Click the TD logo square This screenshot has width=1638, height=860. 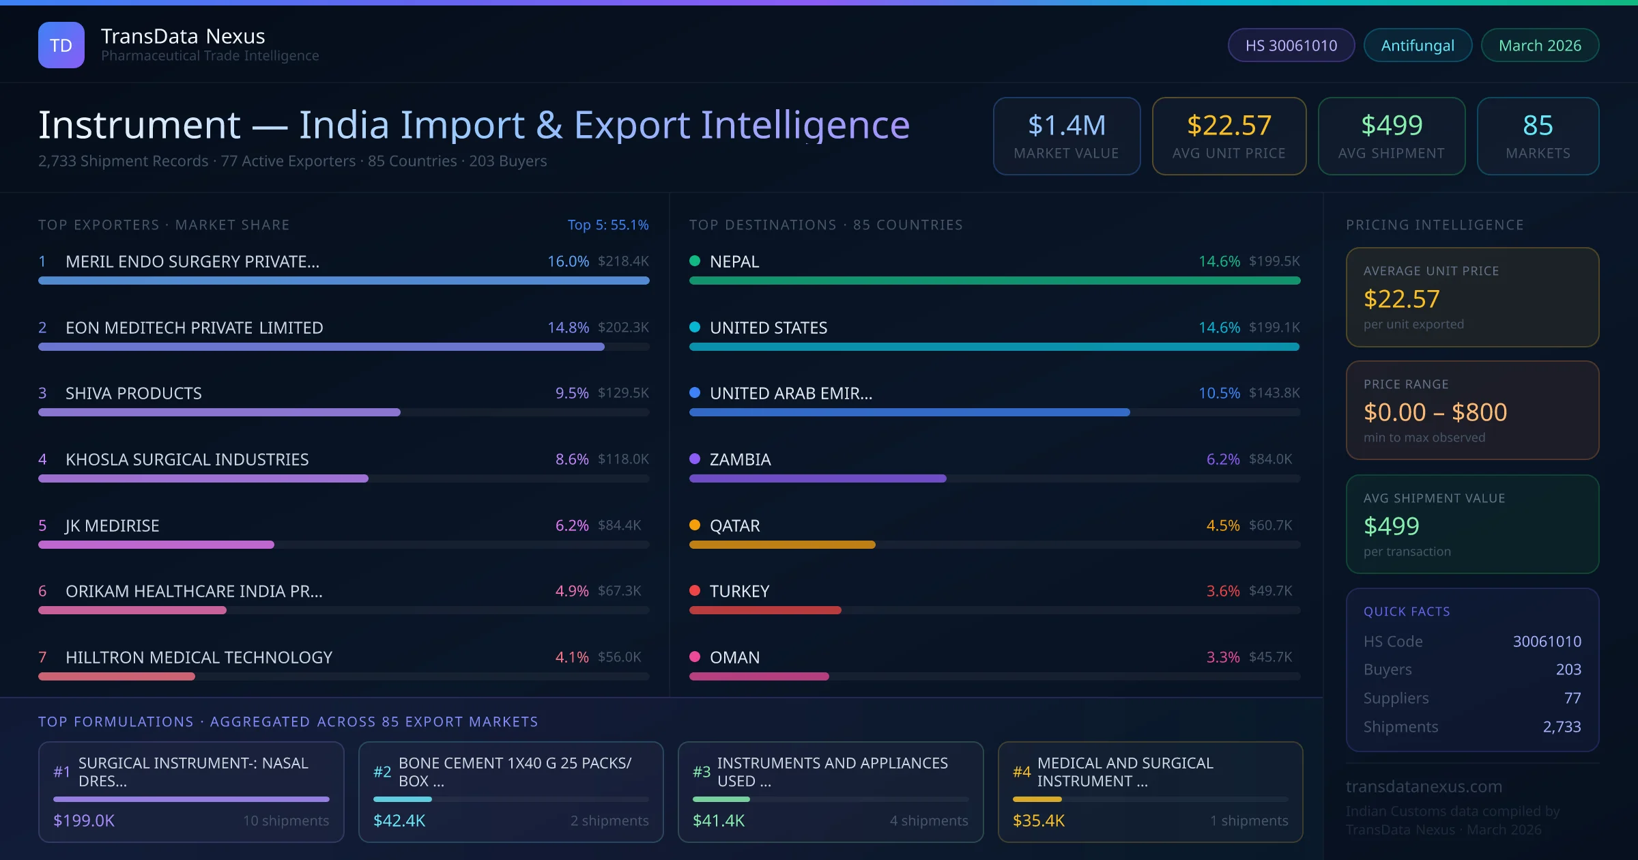click(61, 45)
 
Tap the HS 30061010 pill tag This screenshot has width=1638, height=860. click(1291, 45)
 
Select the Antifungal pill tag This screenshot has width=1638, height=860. click(1418, 45)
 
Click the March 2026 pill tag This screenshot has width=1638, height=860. click(1540, 45)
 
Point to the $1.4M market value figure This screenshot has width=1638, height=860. click(1066, 126)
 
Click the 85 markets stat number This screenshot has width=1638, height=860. click(1538, 126)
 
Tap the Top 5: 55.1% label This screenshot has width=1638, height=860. click(607, 225)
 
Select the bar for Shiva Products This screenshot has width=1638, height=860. click(219, 412)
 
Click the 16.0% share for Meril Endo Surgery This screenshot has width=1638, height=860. click(568, 261)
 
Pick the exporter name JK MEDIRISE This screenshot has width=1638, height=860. click(112, 526)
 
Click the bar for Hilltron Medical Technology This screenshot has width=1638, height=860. click(117, 676)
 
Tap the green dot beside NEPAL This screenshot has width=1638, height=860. click(695, 261)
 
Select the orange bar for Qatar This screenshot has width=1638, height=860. click(782, 545)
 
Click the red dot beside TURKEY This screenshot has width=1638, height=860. click(695, 590)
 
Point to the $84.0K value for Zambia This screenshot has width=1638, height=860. click(1270, 459)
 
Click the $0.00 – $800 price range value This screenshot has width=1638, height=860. click(1435, 412)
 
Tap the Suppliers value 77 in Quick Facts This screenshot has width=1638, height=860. click(1572, 698)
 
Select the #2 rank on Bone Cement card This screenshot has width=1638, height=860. click(382, 772)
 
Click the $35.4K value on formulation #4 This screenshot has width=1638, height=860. click(1038, 820)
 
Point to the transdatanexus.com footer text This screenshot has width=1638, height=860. click(1424, 786)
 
